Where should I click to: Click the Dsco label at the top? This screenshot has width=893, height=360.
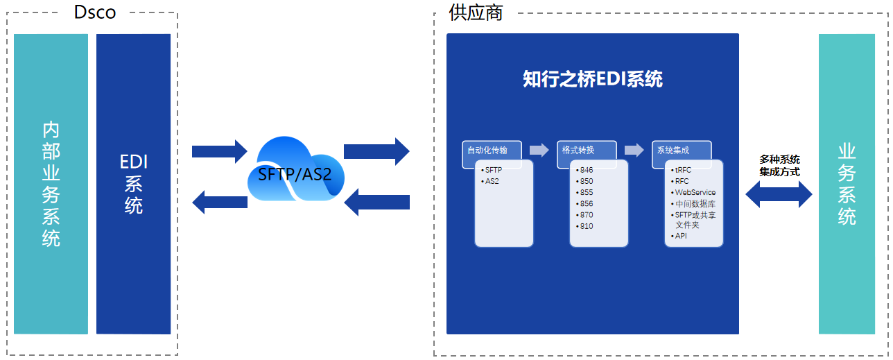(x=95, y=12)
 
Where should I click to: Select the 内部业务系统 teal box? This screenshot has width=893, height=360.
(x=51, y=184)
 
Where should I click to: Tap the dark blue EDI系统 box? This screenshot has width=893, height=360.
(x=134, y=184)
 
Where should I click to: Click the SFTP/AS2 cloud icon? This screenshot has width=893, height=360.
(x=295, y=172)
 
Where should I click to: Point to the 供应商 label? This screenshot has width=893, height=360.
(x=476, y=12)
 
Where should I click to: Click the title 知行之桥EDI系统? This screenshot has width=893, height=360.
(x=593, y=79)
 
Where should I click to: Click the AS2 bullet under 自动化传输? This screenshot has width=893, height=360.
(x=492, y=181)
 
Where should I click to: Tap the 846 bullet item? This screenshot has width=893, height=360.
(x=587, y=170)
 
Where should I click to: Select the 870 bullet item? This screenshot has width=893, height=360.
(x=587, y=215)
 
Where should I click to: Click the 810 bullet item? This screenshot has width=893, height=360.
(x=587, y=226)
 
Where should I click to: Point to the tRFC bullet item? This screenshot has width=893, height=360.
(x=682, y=170)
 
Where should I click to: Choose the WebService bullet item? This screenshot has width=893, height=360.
(x=695, y=192)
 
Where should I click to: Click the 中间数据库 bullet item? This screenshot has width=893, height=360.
(x=695, y=204)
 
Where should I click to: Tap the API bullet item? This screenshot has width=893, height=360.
(x=681, y=236)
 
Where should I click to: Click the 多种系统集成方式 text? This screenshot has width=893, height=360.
(x=779, y=165)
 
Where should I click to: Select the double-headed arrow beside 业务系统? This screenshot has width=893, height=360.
(x=779, y=195)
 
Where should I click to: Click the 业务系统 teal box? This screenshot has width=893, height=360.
(x=847, y=184)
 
